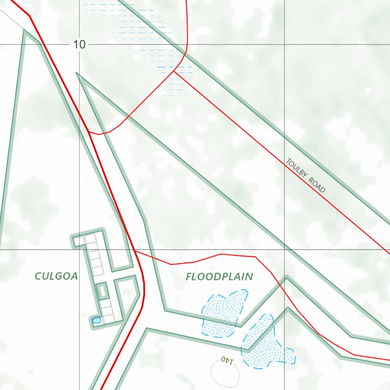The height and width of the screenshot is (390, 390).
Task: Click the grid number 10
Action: tap(79, 45)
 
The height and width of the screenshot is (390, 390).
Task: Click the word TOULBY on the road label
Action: tap(297, 169)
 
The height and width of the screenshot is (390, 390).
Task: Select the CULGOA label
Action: tap(56, 276)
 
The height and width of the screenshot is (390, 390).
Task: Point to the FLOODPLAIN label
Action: tap(219, 277)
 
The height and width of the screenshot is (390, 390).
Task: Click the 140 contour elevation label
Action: tap(226, 359)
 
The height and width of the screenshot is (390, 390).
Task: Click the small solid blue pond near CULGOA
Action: tap(97, 320)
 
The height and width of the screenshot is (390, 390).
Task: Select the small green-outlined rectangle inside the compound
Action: tap(102, 291)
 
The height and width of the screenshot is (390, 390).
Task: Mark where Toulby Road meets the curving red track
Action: tap(174, 71)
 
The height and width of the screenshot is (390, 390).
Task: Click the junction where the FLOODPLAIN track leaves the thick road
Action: tap(135, 251)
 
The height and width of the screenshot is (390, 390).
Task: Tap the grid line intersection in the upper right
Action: tap(285, 45)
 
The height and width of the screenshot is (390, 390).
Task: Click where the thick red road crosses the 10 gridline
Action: tap(42, 45)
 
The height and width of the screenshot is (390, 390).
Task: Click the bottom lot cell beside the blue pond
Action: tap(108, 317)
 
